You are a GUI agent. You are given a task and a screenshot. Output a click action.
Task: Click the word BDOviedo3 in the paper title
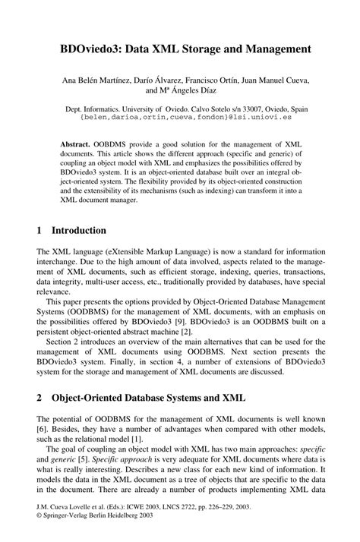[x=83, y=49]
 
